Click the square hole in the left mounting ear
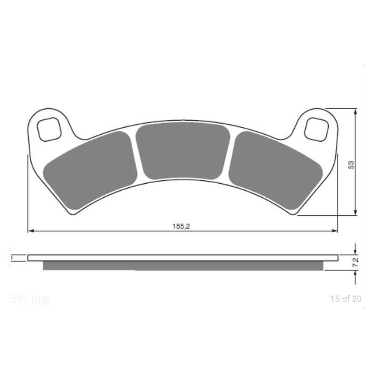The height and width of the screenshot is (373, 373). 49,129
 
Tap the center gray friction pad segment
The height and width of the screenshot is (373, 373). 183,150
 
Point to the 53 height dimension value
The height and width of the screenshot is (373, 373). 351,164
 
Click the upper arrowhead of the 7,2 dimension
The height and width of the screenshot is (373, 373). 356,251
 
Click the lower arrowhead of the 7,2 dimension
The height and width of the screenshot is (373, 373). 356,273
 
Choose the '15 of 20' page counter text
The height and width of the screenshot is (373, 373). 345,299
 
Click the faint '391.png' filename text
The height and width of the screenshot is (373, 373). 30,299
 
